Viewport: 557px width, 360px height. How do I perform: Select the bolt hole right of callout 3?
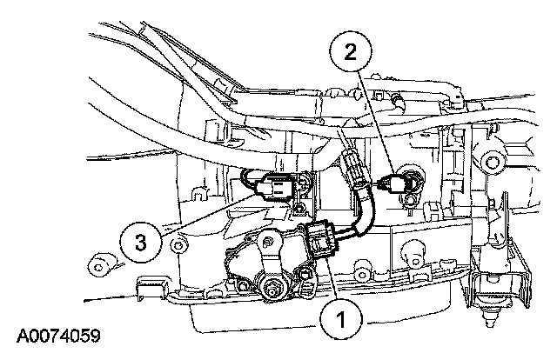pos(178,246)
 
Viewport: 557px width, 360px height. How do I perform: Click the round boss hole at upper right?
pos(493,161)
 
